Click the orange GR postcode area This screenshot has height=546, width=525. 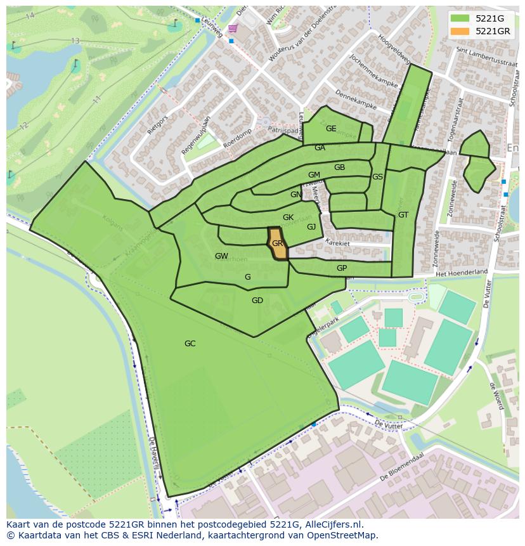(x=278, y=244)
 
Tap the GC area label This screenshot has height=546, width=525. (x=190, y=344)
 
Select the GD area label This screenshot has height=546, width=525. (x=257, y=301)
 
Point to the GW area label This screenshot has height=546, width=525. (x=221, y=256)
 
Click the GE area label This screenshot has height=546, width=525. (x=331, y=129)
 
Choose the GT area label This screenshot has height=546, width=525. (x=403, y=215)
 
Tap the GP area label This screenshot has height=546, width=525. (x=342, y=268)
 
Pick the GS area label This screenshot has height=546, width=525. (x=377, y=177)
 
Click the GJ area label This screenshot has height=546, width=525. (x=311, y=227)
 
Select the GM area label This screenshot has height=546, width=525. (x=314, y=175)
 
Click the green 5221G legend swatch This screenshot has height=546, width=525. (x=460, y=18)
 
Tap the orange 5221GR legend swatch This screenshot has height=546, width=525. (x=460, y=31)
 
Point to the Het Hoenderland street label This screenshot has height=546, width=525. (x=462, y=272)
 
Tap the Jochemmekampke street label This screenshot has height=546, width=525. (x=372, y=74)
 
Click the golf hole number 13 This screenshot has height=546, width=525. (x=75, y=41)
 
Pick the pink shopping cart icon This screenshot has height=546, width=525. (x=233, y=29)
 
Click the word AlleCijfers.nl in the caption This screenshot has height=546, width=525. (x=333, y=524)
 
